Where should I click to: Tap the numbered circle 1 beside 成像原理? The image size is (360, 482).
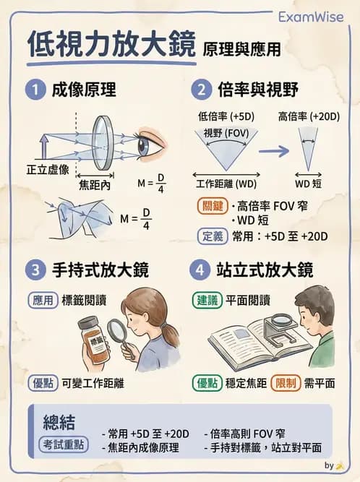pyautogui.click(x=33, y=90)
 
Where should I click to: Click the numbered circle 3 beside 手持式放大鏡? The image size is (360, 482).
pyautogui.click(x=33, y=271)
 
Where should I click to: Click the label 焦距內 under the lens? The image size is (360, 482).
pyautogui.click(x=95, y=184)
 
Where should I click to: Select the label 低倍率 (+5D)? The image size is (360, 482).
pyautogui.click(x=226, y=116)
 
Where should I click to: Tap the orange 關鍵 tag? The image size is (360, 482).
pyautogui.click(x=212, y=205)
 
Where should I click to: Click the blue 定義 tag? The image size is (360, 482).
pyautogui.click(x=212, y=235)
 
